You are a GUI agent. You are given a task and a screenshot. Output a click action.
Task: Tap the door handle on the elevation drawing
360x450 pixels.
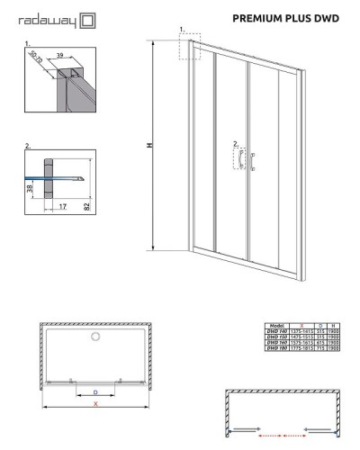[x=240, y=159]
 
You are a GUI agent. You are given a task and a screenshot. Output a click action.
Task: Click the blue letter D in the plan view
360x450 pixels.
[x=94, y=392]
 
